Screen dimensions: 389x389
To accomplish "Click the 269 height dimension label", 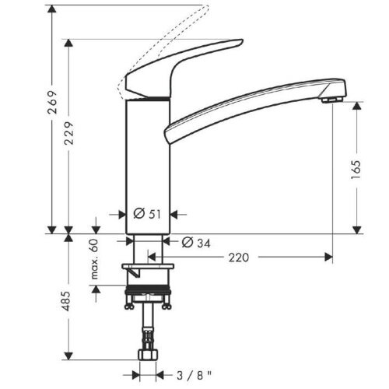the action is click(52, 102).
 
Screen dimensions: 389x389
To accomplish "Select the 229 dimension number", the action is click(68, 133).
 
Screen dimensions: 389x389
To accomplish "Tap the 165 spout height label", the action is click(356, 170).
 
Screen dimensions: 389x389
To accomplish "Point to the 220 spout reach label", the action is click(239, 258).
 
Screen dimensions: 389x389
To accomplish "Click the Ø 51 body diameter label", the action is click(147, 214).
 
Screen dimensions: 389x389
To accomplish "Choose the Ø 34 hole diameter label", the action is click(196, 243).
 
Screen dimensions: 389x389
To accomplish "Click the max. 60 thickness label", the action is click(95, 259).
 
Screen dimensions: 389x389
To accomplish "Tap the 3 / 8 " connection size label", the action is click(194, 375).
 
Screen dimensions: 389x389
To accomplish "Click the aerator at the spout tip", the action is click(331, 100).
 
